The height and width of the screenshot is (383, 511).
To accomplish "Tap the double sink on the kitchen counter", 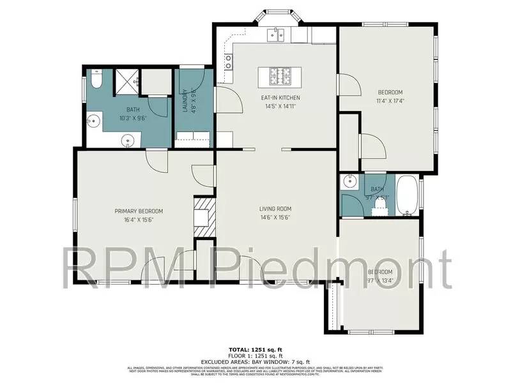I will coord(276,34).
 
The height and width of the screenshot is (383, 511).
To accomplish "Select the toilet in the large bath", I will coord(96,79).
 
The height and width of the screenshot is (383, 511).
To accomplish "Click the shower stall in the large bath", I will coord(126,80).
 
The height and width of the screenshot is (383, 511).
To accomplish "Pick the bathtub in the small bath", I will coord(408,195).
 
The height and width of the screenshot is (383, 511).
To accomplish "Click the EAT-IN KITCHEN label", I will coord(280,98).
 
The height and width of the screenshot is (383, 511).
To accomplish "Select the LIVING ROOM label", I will coord(275,209).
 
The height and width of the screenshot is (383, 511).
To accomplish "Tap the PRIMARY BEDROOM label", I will coord(139,211).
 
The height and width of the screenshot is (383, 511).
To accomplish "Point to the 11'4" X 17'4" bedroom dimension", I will coord(390,100).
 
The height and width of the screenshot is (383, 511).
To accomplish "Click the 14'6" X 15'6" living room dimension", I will coord(275,217).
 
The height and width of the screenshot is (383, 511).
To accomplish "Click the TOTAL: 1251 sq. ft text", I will coord(256,350).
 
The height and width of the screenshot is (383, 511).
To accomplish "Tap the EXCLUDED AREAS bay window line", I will coord(256,361).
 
